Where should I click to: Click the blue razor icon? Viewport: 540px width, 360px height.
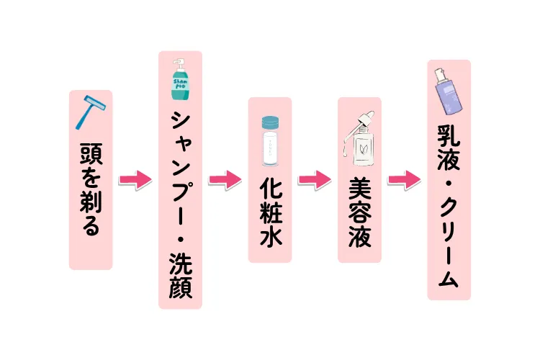coord(91,111)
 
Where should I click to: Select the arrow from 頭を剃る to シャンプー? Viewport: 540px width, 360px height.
coord(135,179)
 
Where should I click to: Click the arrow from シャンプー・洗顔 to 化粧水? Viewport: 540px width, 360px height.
coord(225,179)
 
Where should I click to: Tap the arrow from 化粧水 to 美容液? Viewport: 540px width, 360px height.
coord(314,179)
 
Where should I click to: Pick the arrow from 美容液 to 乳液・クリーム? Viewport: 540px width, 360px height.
coord(403,179)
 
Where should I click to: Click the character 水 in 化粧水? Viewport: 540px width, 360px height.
coord(269,238)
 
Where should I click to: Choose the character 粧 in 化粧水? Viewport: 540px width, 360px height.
coord(269,212)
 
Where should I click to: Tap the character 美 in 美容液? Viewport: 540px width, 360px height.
coord(359,189)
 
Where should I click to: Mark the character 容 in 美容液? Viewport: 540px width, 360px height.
coord(359,214)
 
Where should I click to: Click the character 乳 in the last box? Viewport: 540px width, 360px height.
coord(448,135)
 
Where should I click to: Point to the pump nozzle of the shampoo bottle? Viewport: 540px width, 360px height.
coord(175,60)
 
